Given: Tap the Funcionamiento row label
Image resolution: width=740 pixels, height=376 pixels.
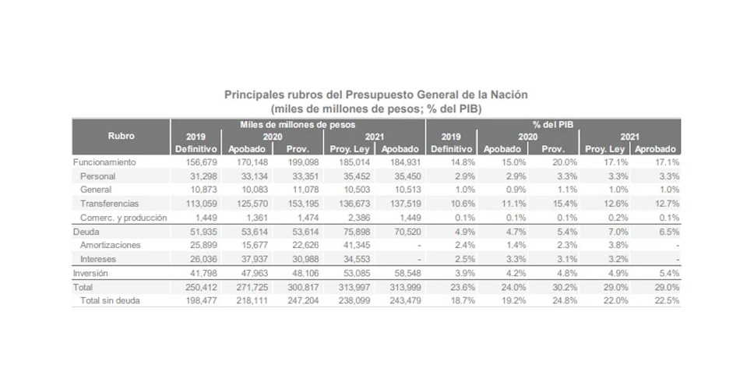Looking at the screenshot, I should click(104, 162).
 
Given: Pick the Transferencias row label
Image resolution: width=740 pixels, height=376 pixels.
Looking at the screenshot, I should click(111, 204).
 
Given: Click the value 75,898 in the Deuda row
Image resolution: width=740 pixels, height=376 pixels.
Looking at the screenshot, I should click(348, 232).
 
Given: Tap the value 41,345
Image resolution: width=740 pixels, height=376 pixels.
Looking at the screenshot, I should click(348, 245).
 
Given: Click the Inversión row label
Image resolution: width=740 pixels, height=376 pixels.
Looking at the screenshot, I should click(92, 274).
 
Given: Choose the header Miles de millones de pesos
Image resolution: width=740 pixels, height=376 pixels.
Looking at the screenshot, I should click(298, 124).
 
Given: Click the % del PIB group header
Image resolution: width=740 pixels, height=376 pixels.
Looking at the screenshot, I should click(554, 124).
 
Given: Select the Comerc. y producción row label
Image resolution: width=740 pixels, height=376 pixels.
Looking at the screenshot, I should click(124, 218).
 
